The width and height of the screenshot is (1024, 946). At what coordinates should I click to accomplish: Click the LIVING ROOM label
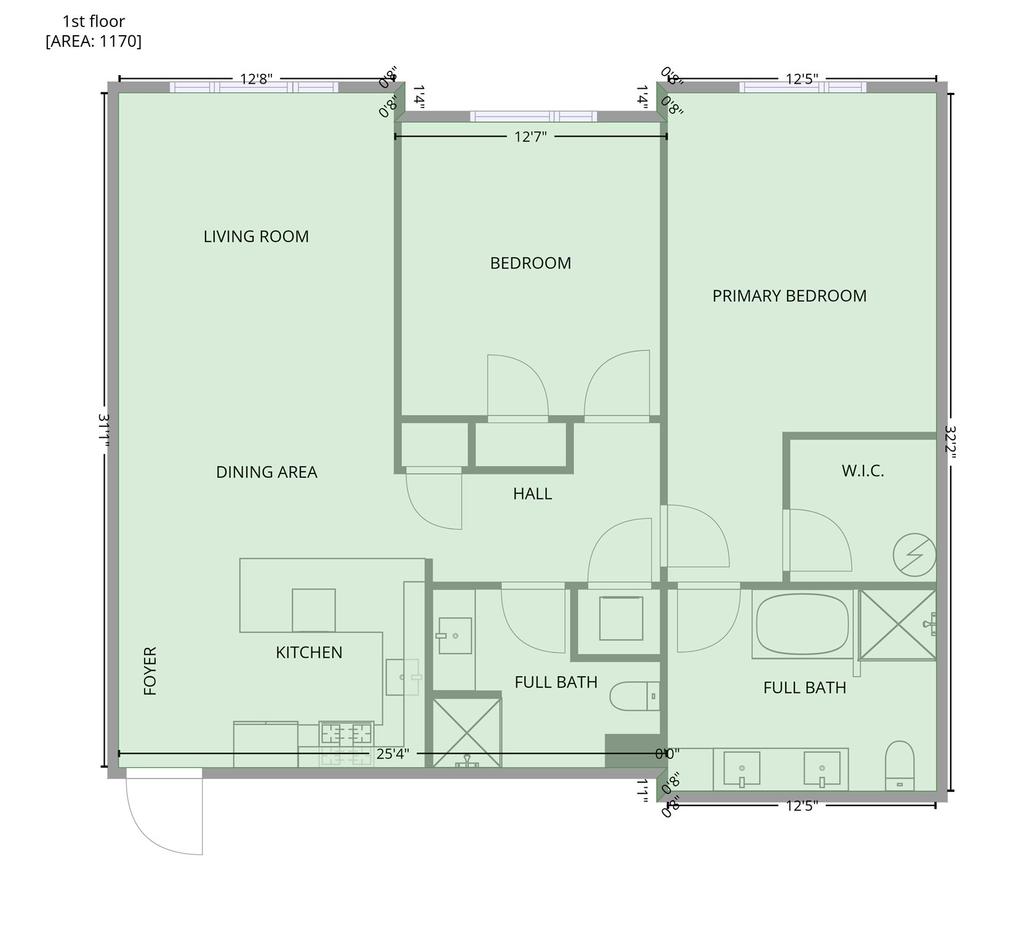point(256,236)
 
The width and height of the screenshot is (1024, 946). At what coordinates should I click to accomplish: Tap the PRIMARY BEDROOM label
point(789,296)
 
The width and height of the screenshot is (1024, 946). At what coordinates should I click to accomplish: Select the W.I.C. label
point(863,471)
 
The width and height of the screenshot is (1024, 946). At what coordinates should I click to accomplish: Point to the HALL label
point(532,494)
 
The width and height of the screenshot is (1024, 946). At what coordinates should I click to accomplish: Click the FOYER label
point(150,671)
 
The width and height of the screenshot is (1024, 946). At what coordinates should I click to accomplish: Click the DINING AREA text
point(266,472)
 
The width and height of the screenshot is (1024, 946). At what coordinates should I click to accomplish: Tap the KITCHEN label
point(309,653)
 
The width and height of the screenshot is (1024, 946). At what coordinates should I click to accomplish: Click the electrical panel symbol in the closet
point(914,555)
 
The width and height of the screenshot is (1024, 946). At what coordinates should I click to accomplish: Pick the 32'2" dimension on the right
point(950,438)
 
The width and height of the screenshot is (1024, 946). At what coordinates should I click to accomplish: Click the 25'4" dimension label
point(393,754)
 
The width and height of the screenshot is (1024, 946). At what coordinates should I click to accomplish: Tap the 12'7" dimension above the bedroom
point(530,137)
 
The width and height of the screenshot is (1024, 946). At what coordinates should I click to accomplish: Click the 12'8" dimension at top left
point(256,79)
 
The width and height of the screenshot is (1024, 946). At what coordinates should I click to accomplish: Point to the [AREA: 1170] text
point(94,41)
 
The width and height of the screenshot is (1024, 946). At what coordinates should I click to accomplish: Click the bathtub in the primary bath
point(802,625)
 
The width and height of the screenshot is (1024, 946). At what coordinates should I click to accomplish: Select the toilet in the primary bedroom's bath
point(899,766)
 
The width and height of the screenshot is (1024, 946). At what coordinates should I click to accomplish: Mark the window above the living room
point(254,87)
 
